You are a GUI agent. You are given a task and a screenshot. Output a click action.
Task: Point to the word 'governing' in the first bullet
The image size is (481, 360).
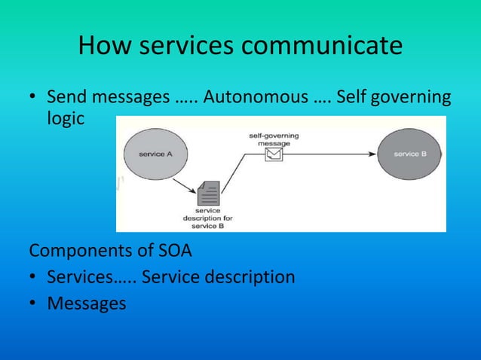tap(409, 98)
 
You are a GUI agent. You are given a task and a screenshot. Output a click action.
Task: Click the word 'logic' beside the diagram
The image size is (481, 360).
tap(66, 120)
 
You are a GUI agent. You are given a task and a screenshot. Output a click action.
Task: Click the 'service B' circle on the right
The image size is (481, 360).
tap(409, 154)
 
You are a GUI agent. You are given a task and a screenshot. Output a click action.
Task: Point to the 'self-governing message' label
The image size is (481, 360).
tap(273, 139)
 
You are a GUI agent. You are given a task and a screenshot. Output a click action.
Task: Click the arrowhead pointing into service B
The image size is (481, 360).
tap(372, 154)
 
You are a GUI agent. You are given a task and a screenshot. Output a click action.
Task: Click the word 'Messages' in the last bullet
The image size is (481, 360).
tap(87, 304)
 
